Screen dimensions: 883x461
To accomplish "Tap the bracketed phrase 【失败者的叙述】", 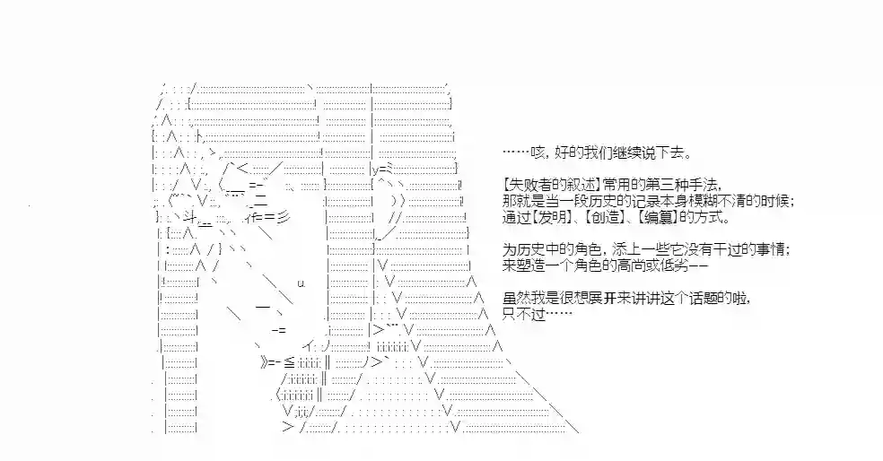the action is click(x=551, y=185).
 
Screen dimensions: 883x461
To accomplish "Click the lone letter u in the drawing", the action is click(x=302, y=283).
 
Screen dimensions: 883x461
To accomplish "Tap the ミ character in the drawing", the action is click(x=390, y=169).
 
